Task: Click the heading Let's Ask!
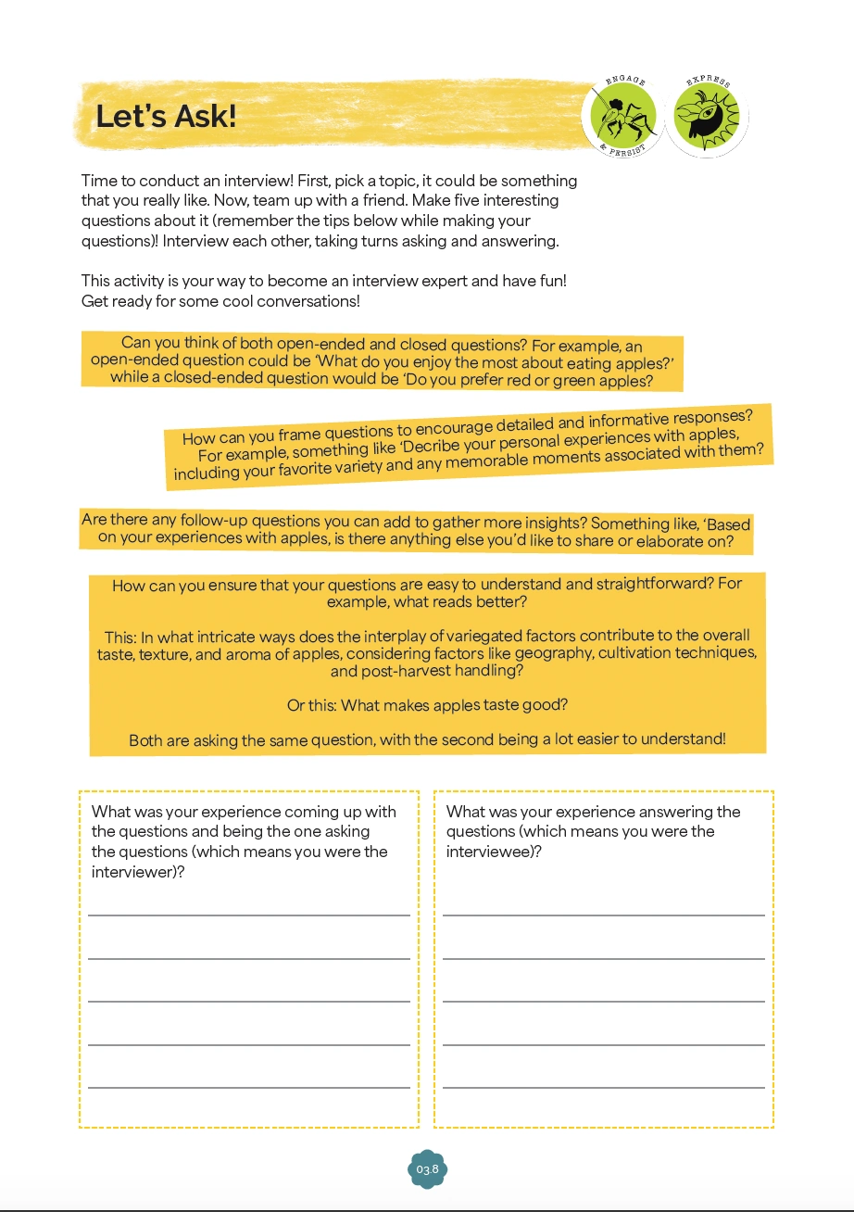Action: coord(166,118)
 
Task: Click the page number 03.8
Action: coord(427,1169)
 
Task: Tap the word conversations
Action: coord(297,301)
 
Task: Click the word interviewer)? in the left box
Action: coord(138,872)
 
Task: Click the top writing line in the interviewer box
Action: coord(249,915)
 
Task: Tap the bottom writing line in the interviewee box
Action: coord(604,1087)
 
